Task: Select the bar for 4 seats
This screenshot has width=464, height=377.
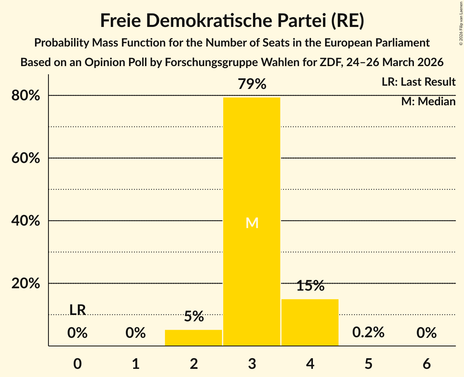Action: (310, 322)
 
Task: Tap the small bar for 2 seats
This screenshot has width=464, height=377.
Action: (194, 337)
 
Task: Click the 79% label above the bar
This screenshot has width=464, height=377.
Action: (252, 84)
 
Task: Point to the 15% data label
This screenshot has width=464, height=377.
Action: (310, 286)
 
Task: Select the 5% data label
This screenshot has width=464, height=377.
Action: (194, 316)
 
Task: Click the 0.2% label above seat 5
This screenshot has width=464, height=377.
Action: (368, 333)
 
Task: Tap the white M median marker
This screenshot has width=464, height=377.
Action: (252, 223)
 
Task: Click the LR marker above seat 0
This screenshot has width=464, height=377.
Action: (77, 310)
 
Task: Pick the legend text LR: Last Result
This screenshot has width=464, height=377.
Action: (418, 82)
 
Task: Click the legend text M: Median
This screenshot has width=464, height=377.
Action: (428, 102)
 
